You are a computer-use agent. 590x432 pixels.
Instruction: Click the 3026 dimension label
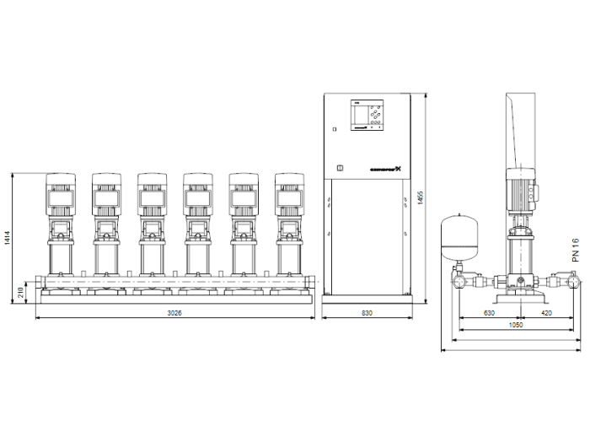(x=174, y=313)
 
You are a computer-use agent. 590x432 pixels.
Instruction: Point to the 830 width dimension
(x=367, y=313)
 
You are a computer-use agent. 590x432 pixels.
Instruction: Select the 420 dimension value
(x=547, y=313)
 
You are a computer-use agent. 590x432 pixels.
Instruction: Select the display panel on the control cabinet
(x=367, y=116)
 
